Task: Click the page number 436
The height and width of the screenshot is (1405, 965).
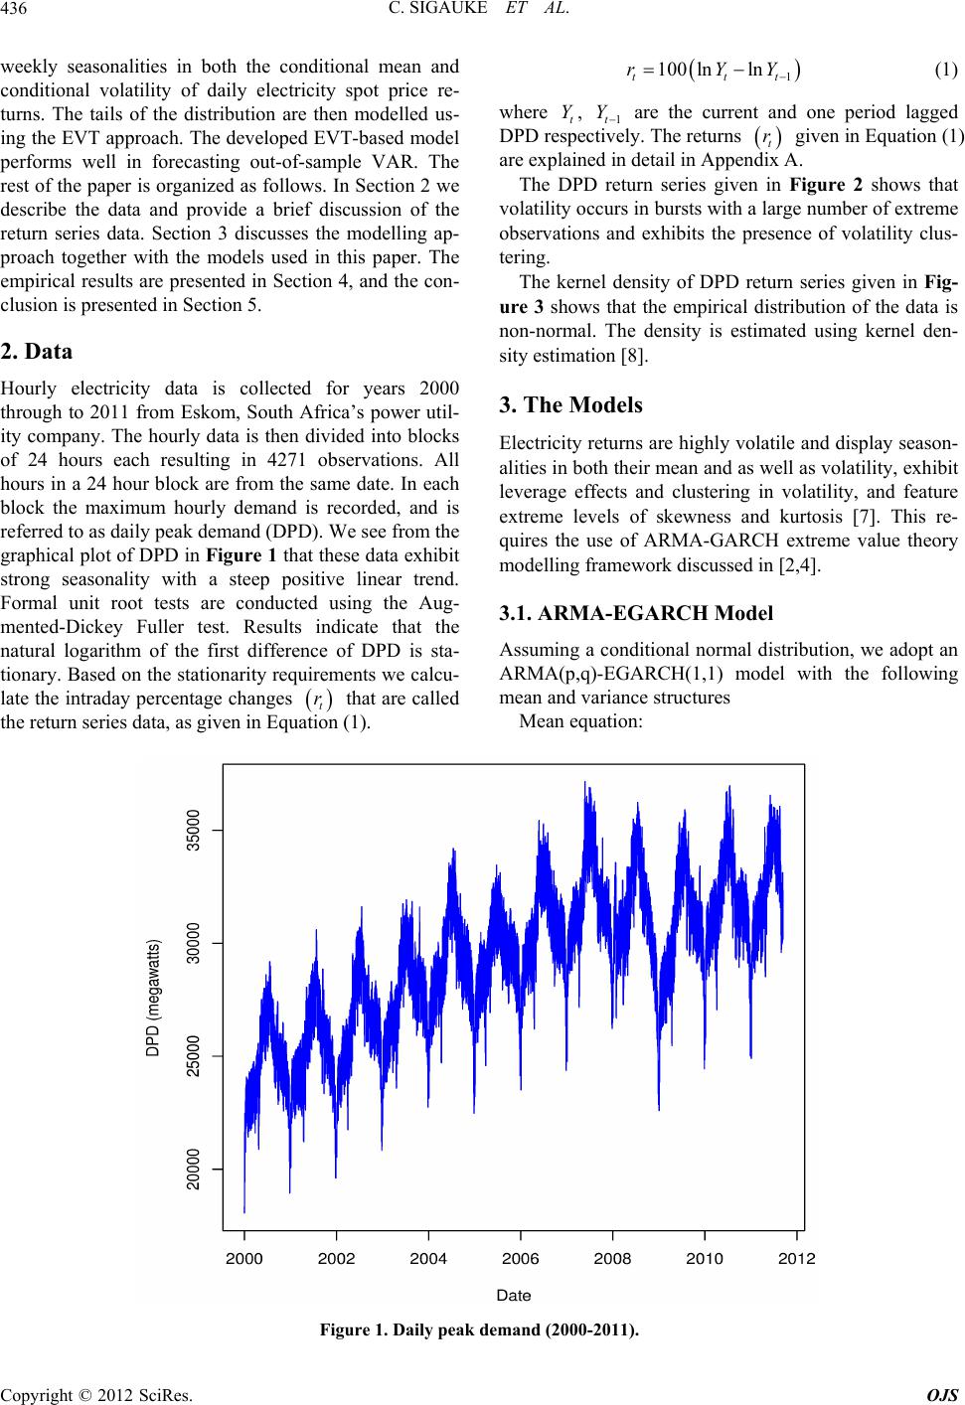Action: tap(17, 11)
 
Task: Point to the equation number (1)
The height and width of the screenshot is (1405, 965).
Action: tap(946, 70)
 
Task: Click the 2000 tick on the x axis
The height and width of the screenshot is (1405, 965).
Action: tap(244, 1259)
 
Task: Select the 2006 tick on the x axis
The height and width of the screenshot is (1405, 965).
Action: tap(521, 1259)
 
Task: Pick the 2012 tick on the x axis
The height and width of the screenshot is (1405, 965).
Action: tap(797, 1259)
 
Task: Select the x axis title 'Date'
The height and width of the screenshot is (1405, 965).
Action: tap(514, 1295)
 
